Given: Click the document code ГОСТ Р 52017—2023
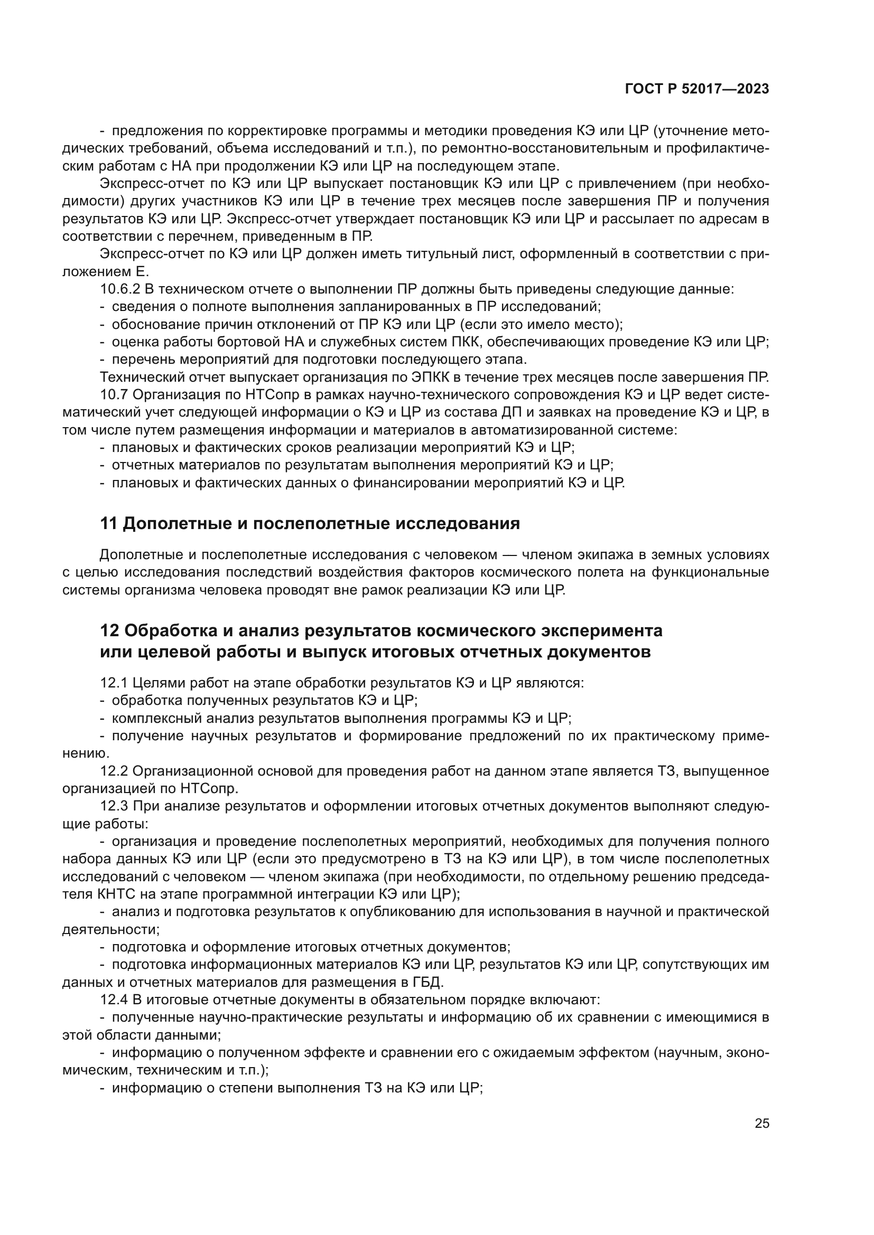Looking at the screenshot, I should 697,89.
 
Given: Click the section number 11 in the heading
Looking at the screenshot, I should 109,523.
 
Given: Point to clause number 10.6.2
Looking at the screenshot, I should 120,289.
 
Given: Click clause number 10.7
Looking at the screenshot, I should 114,395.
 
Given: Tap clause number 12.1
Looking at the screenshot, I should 114,683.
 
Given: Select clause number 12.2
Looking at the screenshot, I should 114,771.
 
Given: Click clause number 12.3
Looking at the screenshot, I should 114,806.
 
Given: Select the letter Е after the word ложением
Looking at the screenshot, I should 137,271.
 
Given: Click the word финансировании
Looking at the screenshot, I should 411,483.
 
